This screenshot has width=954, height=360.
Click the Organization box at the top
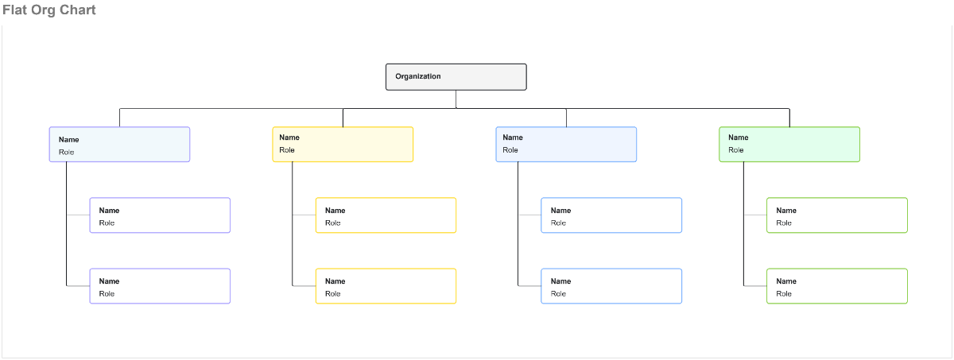(x=456, y=77)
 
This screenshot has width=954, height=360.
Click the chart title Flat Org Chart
(x=49, y=10)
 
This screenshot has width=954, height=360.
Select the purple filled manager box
(x=119, y=144)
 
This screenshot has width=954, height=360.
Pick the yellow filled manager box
(x=343, y=144)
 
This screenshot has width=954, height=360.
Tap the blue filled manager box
(x=566, y=144)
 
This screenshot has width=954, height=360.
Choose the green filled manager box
(x=789, y=144)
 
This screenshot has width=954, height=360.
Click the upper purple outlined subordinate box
(x=160, y=215)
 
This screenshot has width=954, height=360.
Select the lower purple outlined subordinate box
(x=160, y=286)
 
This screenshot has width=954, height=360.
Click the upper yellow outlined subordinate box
(x=386, y=215)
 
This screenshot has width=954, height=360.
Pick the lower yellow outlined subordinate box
(x=386, y=286)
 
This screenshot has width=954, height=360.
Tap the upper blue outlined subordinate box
(x=611, y=215)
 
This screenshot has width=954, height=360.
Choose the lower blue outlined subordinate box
(x=611, y=286)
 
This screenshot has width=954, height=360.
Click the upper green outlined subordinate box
(x=837, y=215)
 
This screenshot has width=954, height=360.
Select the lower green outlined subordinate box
(x=837, y=286)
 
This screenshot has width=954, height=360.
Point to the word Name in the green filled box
(x=738, y=137)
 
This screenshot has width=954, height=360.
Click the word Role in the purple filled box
(x=66, y=152)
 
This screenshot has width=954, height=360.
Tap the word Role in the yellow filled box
(x=287, y=150)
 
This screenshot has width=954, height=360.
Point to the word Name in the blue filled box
(x=513, y=137)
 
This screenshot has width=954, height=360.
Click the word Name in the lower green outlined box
(x=786, y=281)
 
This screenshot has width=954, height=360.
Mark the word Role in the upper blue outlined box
(x=558, y=223)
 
